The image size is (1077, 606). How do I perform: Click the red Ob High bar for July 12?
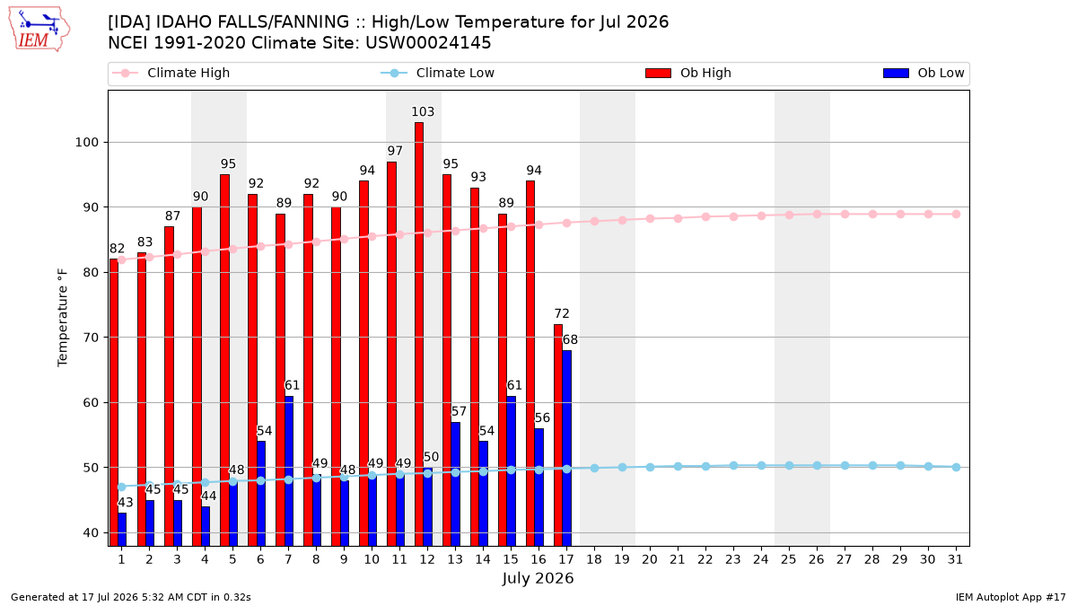point(419,334)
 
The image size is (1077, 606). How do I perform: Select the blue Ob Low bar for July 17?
point(567,448)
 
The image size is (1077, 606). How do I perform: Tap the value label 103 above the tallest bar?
point(423,111)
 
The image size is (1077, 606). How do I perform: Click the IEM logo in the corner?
point(39,30)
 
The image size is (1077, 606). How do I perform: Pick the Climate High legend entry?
point(171,73)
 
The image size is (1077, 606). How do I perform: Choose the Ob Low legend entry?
point(924,73)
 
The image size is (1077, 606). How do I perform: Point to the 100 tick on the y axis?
point(86,143)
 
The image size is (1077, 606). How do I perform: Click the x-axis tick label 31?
point(955,559)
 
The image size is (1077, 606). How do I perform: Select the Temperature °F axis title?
point(63,318)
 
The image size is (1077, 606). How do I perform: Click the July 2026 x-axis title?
point(538,578)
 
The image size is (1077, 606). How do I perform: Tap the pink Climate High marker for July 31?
point(957,214)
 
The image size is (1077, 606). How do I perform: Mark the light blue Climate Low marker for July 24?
point(762,466)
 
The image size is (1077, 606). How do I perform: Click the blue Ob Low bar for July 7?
point(289,471)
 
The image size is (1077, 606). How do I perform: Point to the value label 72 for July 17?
point(562,313)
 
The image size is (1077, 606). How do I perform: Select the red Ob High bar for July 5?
point(224,360)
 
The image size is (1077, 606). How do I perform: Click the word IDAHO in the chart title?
point(184,22)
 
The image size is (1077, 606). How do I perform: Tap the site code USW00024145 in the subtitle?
point(428,43)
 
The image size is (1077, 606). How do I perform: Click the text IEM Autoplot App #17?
point(1011,597)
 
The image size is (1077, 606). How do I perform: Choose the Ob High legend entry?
point(688,73)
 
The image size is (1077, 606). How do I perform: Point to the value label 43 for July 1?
point(126,503)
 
